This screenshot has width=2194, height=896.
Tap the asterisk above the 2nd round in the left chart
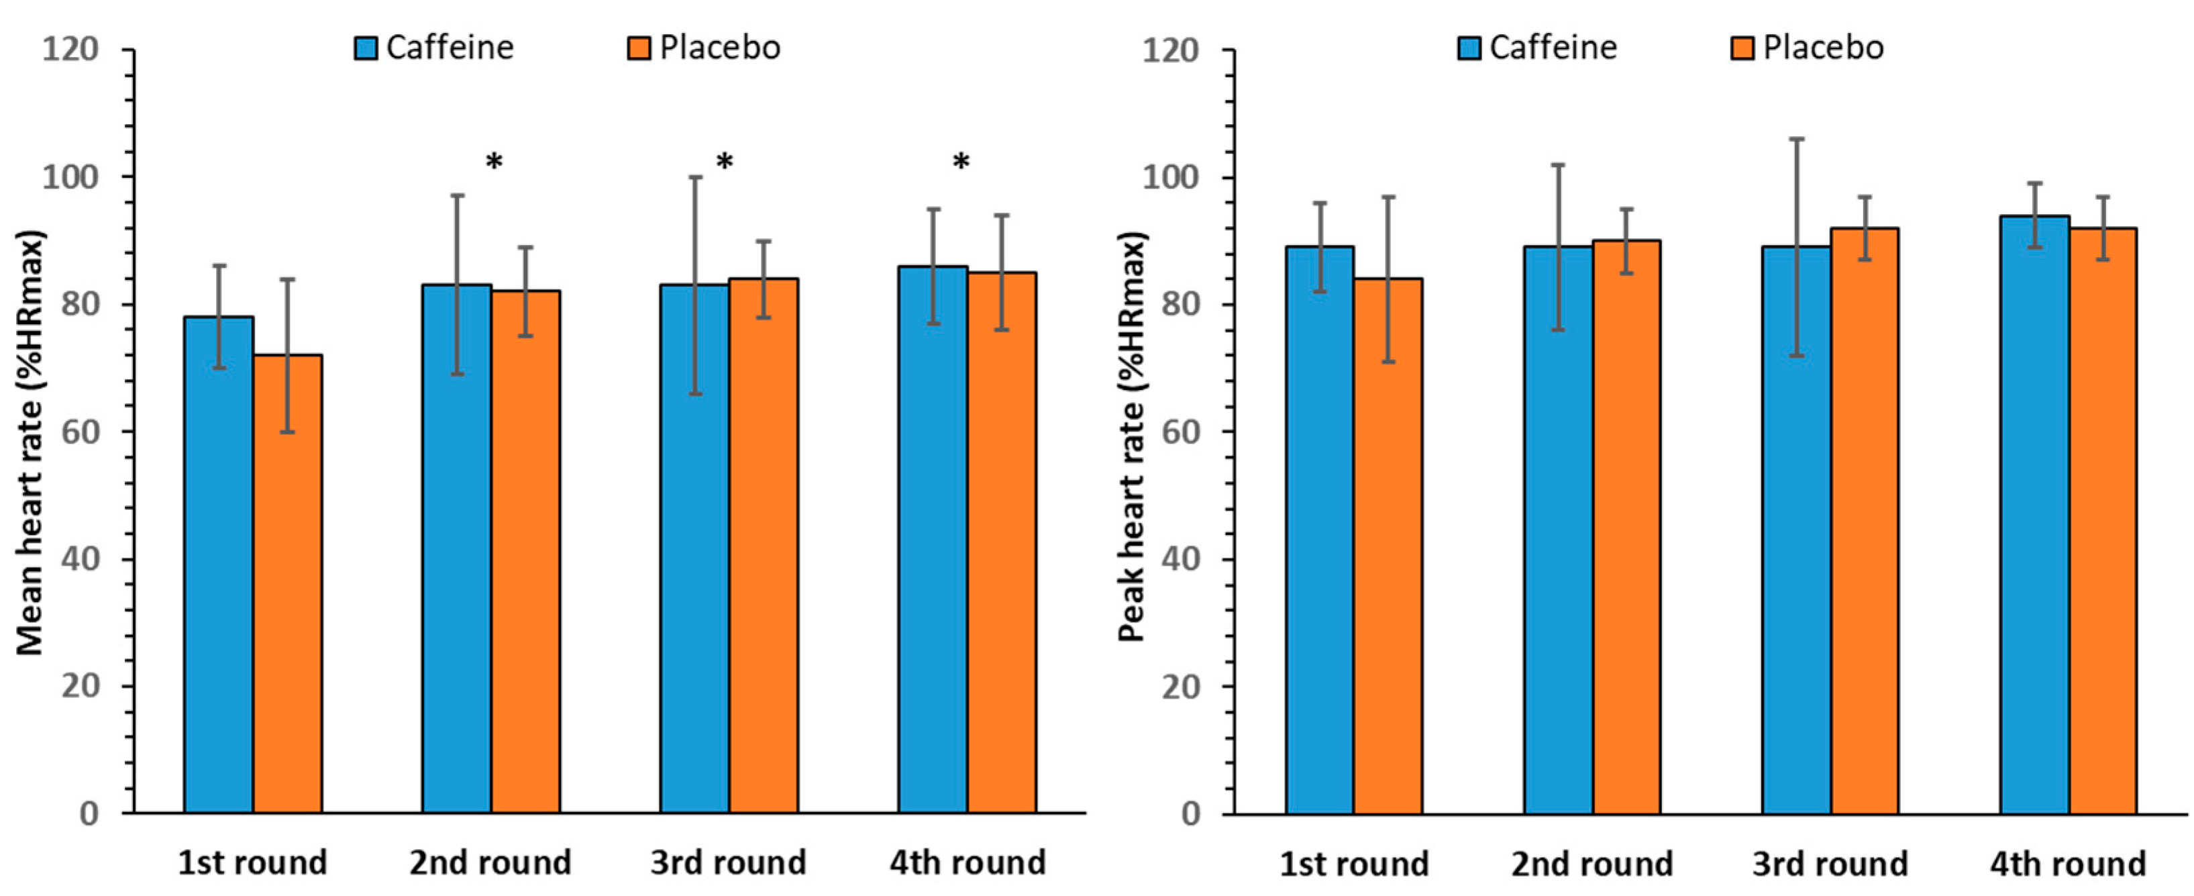(494, 162)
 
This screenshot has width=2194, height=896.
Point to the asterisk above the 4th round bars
(961, 162)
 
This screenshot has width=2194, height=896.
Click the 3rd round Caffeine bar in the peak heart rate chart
(1795, 529)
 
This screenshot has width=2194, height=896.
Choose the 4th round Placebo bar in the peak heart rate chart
(2102, 519)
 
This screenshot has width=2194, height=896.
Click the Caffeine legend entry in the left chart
(434, 48)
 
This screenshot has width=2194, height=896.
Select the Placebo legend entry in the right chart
(1808, 48)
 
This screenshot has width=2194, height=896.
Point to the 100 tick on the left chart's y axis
(70, 177)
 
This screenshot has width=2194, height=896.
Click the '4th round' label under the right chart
(2067, 864)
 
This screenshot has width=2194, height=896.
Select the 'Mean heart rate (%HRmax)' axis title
(31, 443)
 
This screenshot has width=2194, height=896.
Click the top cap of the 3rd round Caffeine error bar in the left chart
(695, 177)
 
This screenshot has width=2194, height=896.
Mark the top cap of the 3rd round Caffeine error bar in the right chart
(1795, 139)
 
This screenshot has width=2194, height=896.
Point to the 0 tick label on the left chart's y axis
(88, 813)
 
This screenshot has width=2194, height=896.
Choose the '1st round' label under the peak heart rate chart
(1353, 864)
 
